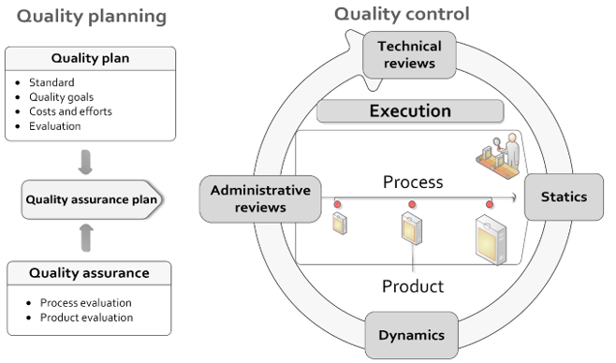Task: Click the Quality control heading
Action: [403, 14]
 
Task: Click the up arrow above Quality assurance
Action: [86, 236]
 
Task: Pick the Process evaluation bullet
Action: [85, 302]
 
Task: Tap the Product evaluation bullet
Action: [86, 317]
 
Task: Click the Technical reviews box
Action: [409, 55]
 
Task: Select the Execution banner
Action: [409, 111]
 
